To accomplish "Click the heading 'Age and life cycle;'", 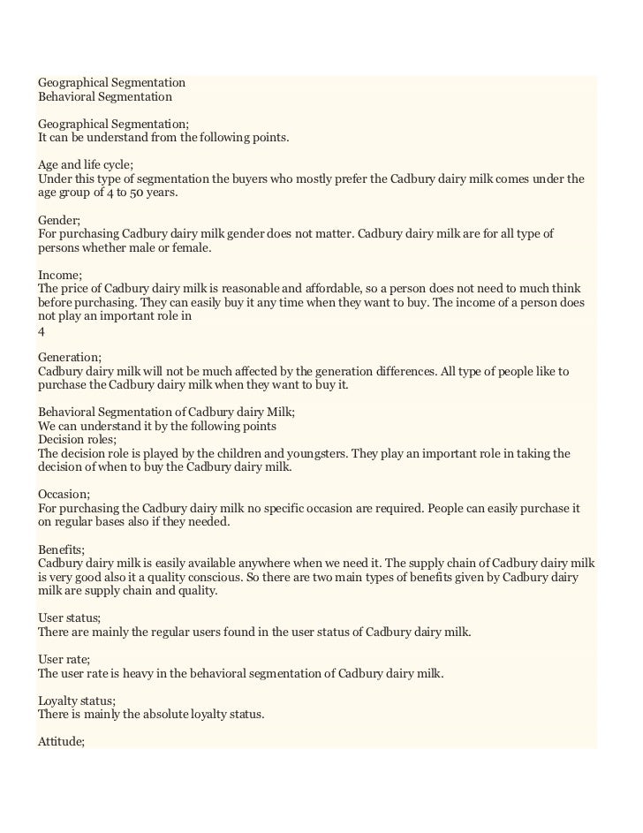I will point(84,164).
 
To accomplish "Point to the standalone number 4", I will point(42,331).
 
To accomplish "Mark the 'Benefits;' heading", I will point(62,549).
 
